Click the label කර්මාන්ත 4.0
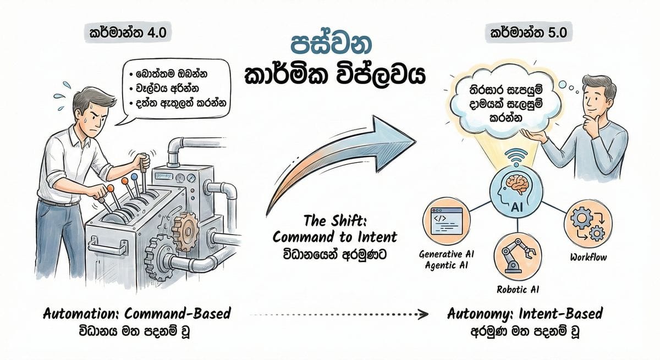[128, 34]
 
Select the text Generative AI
[446, 254]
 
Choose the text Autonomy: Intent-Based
[525, 314]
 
